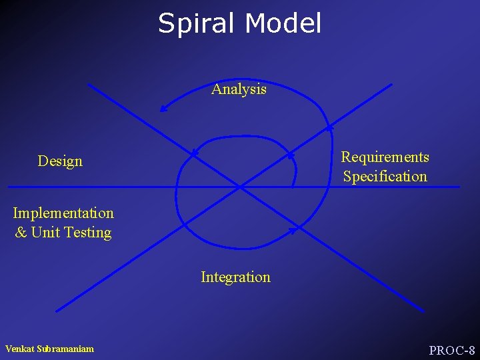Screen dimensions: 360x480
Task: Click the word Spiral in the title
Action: click(x=198, y=24)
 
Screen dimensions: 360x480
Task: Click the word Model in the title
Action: click(x=283, y=23)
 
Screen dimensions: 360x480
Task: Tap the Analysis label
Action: click(x=239, y=89)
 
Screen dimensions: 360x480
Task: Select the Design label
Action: click(x=60, y=161)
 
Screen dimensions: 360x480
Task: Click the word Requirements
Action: click(x=385, y=157)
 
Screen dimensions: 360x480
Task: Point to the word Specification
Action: click(x=385, y=177)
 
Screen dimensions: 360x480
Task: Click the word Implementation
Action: click(x=63, y=213)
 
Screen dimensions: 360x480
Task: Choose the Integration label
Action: click(x=235, y=277)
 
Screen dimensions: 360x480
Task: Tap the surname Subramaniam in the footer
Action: click(x=67, y=349)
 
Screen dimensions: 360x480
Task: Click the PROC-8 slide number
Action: click(x=451, y=350)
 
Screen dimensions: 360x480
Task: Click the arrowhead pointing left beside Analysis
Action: click(x=163, y=109)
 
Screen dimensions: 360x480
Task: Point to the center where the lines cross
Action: click(x=240, y=187)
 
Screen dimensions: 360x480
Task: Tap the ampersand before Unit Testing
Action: click(x=21, y=233)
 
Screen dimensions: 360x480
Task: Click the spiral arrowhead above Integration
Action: click(x=294, y=230)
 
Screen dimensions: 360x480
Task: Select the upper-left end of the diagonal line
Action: click(x=89, y=85)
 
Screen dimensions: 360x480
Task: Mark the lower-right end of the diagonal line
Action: click(x=423, y=311)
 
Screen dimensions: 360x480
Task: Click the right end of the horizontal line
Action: click(x=459, y=187)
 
